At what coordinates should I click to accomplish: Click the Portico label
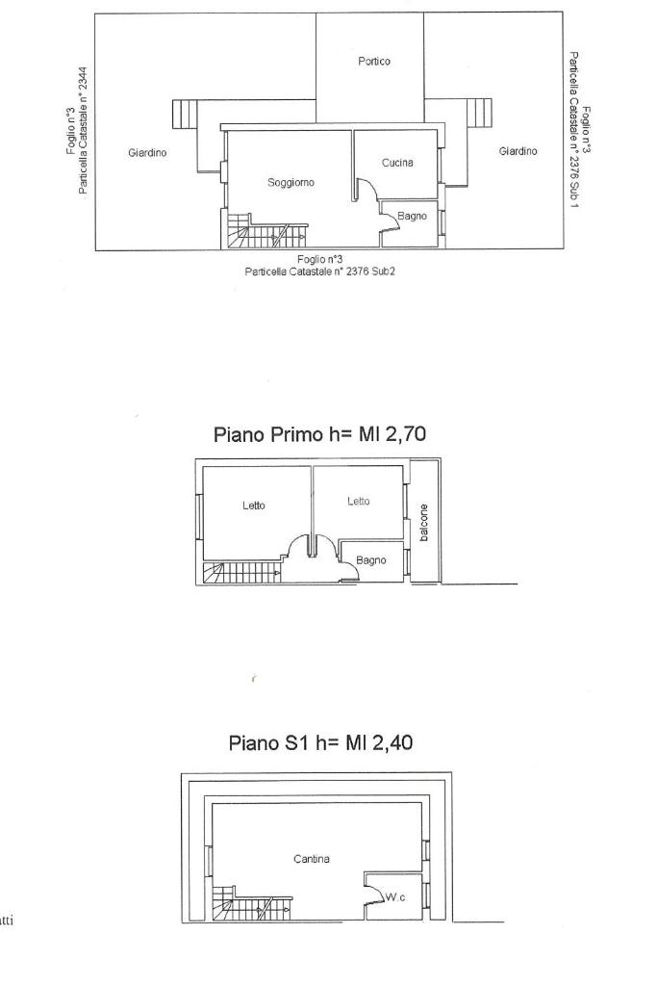click(x=374, y=61)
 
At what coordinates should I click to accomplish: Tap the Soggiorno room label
click(x=291, y=182)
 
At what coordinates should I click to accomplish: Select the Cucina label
click(x=397, y=163)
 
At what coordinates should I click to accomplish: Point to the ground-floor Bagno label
click(x=412, y=217)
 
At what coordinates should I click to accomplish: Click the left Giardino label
click(x=147, y=152)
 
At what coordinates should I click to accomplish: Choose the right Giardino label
click(x=518, y=151)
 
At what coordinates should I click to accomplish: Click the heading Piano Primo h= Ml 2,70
click(x=319, y=434)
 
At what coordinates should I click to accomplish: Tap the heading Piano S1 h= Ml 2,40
click(x=320, y=742)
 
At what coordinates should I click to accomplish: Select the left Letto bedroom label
click(x=254, y=505)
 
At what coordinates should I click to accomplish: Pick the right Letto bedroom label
click(x=359, y=501)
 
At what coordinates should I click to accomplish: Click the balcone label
click(x=424, y=523)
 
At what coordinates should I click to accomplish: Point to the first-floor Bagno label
click(x=370, y=560)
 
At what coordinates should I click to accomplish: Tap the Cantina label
click(x=312, y=858)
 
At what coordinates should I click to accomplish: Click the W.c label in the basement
click(x=395, y=897)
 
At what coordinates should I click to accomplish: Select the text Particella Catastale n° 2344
click(x=83, y=131)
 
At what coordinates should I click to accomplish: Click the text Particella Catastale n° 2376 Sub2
click(x=319, y=272)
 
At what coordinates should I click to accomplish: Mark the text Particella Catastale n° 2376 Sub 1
click(x=573, y=131)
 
